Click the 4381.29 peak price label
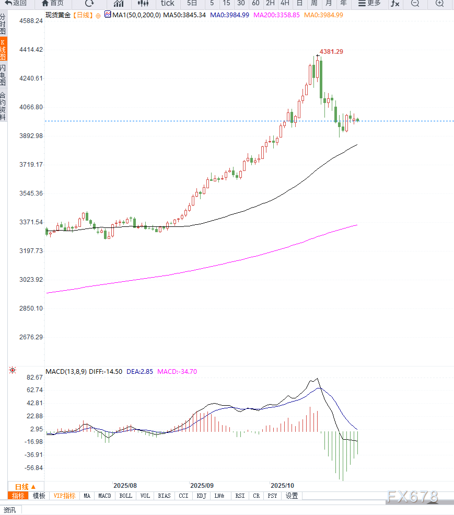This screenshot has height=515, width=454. [x=331, y=52]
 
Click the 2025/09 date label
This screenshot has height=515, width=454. [x=202, y=485]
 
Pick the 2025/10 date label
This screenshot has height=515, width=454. [x=282, y=485]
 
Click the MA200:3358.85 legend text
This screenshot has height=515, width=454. [x=276, y=15]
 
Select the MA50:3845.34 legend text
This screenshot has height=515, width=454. [x=184, y=15]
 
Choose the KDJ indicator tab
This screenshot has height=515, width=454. [x=202, y=496]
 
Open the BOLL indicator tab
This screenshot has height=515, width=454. [x=126, y=496]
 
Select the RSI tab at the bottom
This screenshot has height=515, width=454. [x=240, y=496]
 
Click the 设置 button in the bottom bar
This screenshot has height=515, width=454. [x=292, y=496]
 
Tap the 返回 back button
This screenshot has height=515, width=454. [x=16, y=3]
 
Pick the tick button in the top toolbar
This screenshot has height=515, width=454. [x=168, y=3]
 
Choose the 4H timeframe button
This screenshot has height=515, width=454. [x=285, y=3]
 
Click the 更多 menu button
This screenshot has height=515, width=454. [x=370, y=3]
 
